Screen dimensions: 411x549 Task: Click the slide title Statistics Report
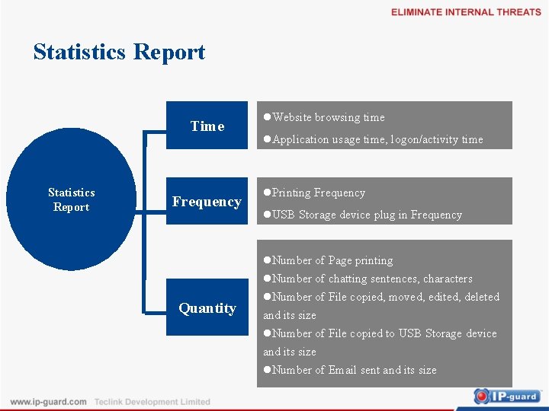point(119,52)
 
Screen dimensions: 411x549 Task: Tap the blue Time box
point(207,126)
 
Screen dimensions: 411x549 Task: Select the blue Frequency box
point(207,201)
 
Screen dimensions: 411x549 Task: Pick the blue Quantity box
point(207,307)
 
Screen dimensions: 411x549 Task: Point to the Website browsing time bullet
point(324,117)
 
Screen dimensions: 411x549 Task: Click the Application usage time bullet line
point(373,139)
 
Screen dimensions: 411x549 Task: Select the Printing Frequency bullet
point(314,193)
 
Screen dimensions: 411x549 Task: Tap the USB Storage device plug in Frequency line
point(363,215)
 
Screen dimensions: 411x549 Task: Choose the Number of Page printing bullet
point(329,260)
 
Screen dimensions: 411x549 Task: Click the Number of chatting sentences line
point(368,279)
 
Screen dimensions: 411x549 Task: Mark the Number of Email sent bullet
point(350,370)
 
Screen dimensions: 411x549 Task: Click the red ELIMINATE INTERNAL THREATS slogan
point(466,12)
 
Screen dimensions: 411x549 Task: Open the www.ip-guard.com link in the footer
point(48,401)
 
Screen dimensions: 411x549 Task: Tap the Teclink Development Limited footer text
point(152,401)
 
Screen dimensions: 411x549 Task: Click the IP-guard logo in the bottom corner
point(506,396)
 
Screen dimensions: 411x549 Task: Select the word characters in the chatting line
point(448,279)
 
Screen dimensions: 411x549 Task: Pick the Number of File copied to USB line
point(380,333)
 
